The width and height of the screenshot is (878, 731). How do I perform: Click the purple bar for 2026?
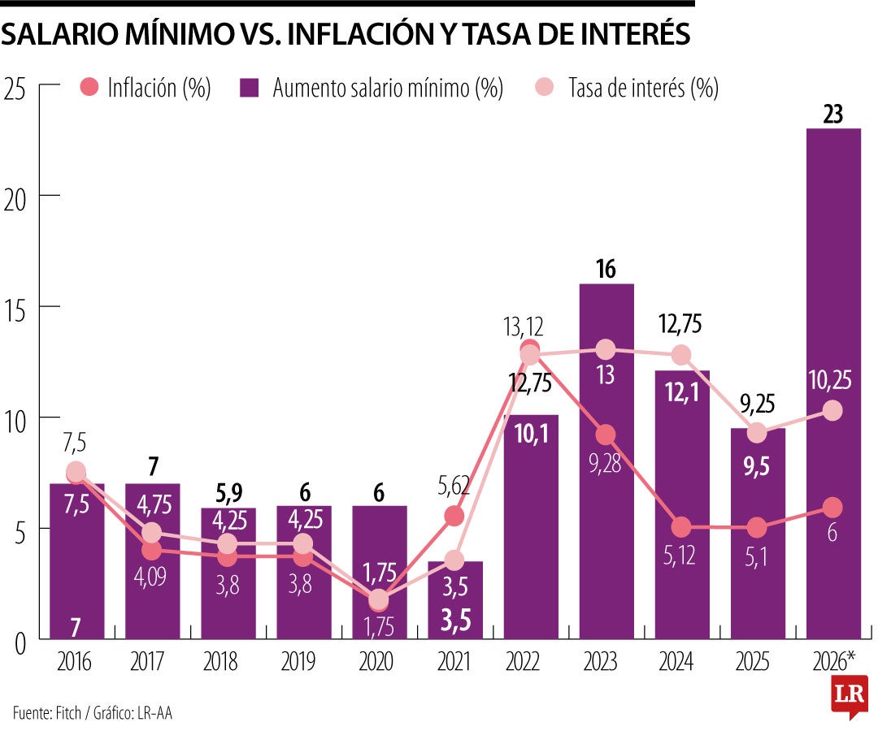[x=833, y=382]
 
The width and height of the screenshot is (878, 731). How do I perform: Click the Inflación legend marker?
[x=91, y=88]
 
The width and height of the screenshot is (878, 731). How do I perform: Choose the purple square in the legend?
[x=250, y=88]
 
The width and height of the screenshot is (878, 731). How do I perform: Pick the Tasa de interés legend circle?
[x=544, y=88]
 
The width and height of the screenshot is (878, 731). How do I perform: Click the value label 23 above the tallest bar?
[x=832, y=115]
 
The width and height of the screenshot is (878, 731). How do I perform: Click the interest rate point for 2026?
[x=832, y=411]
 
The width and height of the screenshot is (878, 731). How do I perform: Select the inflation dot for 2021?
[x=454, y=516]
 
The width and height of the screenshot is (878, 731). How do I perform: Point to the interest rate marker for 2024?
[x=681, y=355]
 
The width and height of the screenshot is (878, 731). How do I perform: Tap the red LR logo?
[x=849, y=696]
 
